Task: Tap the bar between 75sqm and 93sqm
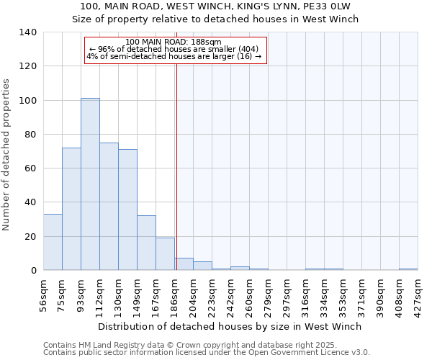pyautogui.click(x=71, y=209)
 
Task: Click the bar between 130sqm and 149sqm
pyautogui.click(x=127, y=210)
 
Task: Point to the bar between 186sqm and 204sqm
pyautogui.click(x=184, y=264)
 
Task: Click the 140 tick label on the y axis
pyautogui.click(x=28, y=32)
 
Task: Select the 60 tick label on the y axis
pyautogui.click(x=31, y=168)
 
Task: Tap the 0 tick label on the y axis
pyautogui.click(x=34, y=271)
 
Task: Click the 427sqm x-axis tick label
pyautogui.click(x=418, y=294)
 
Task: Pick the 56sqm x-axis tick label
pyautogui.click(x=43, y=292)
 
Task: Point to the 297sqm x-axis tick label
pyautogui.click(x=287, y=294)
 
